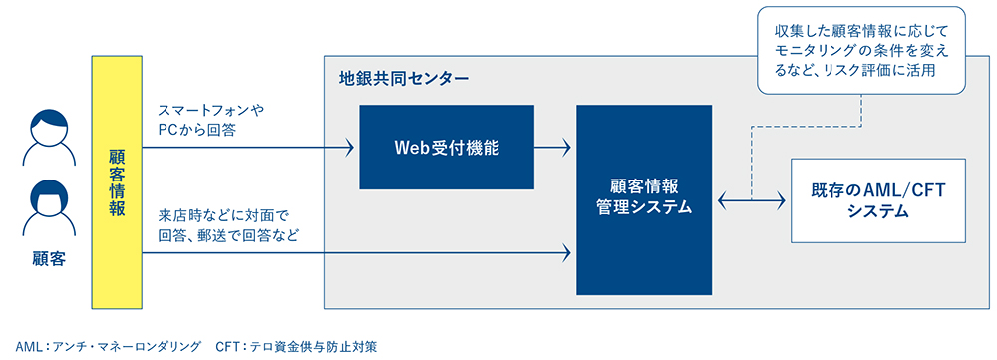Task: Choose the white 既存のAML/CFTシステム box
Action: point(877,200)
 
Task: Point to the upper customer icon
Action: point(49,139)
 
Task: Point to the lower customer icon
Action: point(49,211)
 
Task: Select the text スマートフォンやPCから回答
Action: point(216,120)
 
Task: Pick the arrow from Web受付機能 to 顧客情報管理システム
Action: point(552,149)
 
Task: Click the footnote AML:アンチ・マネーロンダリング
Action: point(100,346)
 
